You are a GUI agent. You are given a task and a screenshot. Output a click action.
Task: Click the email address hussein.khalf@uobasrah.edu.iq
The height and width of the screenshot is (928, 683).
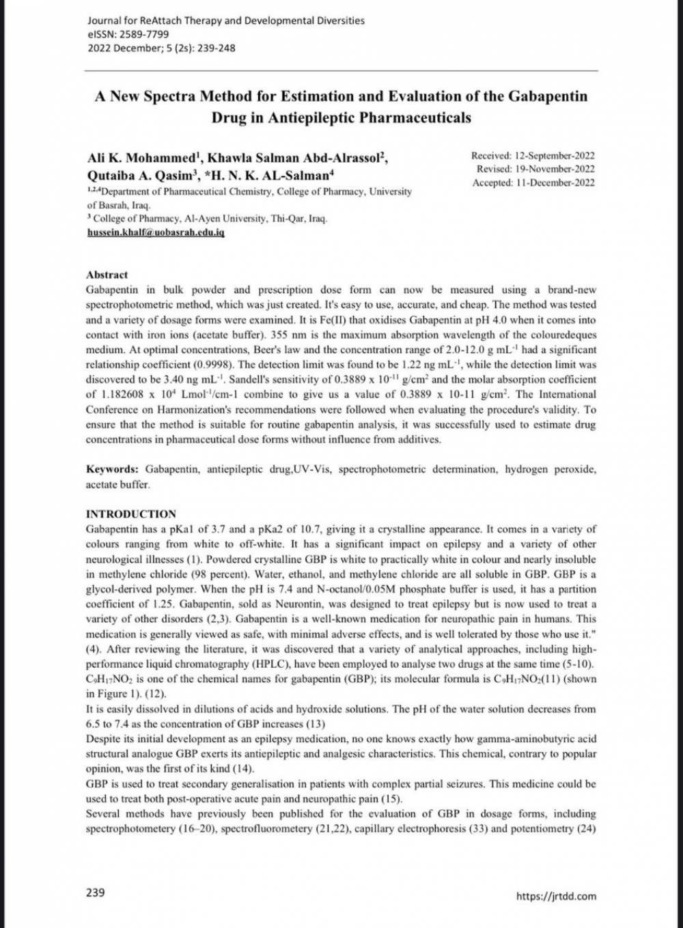156,232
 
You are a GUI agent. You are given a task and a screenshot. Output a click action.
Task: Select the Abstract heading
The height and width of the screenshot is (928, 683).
107,275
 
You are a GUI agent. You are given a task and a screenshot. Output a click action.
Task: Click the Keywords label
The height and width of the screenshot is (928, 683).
112,469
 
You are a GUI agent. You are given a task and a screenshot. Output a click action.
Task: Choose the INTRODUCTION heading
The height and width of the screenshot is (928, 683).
130,514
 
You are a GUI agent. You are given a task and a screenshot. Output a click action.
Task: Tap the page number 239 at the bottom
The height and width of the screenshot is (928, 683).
96,892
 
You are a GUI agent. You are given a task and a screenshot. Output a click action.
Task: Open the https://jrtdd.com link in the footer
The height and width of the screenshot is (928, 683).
556,896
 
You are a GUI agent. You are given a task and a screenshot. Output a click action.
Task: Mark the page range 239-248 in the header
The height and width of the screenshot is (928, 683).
216,48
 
